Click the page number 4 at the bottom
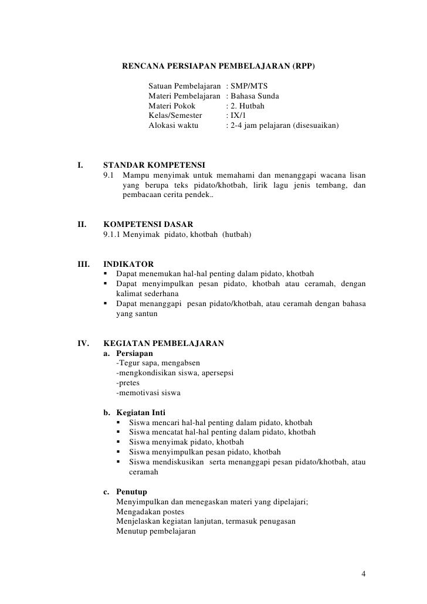coord(364,573)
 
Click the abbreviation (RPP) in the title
coord(302,66)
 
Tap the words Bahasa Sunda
coord(255,96)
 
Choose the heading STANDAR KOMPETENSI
coord(154,164)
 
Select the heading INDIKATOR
coord(128,264)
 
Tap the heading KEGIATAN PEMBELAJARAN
coord(163,344)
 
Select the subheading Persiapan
coord(134,354)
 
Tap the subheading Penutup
coord(132,491)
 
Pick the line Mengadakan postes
coord(150,511)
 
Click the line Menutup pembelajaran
coord(157,532)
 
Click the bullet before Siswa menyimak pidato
coord(120,442)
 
